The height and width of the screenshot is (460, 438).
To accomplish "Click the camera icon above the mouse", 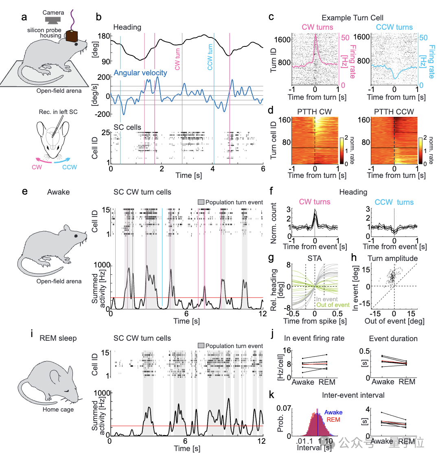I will [53, 19].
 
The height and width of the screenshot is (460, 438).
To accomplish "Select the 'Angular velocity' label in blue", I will [140, 73].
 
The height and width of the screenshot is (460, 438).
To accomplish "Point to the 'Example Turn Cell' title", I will [352, 18].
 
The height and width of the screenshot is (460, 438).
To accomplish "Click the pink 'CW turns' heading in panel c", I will [317, 27].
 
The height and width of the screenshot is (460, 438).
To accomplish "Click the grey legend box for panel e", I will [201, 202].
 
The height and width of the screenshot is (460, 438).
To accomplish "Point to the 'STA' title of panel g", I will [315, 258].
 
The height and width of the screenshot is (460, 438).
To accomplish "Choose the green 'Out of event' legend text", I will [333, 304].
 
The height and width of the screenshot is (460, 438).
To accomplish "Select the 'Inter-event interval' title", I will [353, 395].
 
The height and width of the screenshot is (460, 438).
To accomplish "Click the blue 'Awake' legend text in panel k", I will [333, 412].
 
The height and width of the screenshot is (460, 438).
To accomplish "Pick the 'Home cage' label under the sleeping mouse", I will [58, 409].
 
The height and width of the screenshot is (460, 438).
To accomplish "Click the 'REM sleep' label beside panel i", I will [58, 338].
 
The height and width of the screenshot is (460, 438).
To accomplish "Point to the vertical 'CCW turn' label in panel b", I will [210, 57].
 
